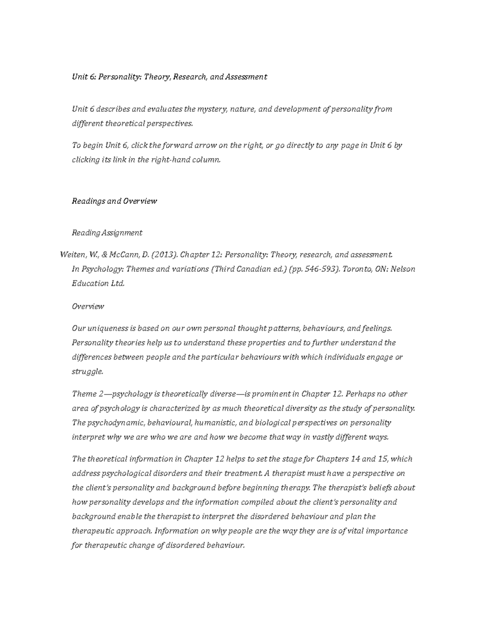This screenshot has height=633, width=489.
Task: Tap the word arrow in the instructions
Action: (205, 146)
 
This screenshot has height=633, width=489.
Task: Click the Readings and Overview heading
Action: (114, 201)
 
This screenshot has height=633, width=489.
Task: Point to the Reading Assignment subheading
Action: (107, 233)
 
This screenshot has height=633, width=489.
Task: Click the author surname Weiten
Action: (72, 255)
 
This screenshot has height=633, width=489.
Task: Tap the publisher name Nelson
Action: (403, 269)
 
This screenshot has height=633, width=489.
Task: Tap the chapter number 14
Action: (355, 459)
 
